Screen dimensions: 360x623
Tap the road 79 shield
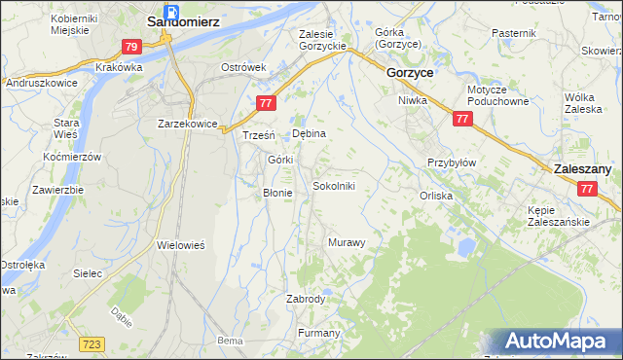[132, 46]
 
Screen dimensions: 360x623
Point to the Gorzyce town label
[410, 73]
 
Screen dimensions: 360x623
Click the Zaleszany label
[582, 169]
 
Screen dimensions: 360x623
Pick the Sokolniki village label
[340, 186]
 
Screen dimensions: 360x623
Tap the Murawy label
[347, 242]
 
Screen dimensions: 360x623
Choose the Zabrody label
[306, 299]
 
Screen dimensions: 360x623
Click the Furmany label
[318, 333]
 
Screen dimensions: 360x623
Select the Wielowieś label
[180, 246]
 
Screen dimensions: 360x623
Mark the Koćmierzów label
[73, 157]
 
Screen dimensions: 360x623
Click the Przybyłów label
[452, 162]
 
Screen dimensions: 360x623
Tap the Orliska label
[436, 195]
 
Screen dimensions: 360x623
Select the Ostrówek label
[243, 67]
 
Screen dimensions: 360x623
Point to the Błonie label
[278, 193]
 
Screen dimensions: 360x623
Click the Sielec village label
[88, 273]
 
